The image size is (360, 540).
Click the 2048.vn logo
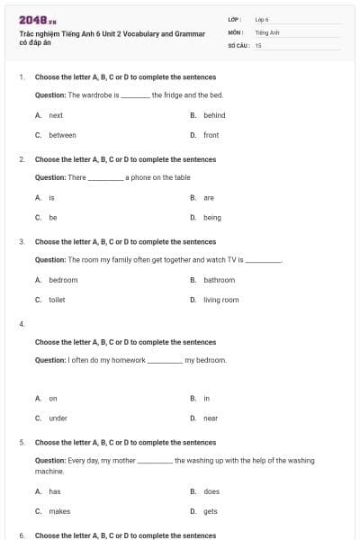(x=37, y=20)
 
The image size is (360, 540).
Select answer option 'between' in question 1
(x=62, y=135)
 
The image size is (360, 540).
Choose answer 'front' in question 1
(x=211, y=135)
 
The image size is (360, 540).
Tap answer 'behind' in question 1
(x=214, y=115)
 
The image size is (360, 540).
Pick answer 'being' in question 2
(x=211, y=217)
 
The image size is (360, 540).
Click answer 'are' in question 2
(x=209, y=197)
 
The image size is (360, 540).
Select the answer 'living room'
(x=220, y=300)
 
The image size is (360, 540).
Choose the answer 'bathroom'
(x=219, y=280)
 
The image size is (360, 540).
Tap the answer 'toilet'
(x=57, y=300)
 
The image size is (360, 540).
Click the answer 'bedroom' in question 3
(x=63, y=280)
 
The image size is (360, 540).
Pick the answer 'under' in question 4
(x=58, y=418)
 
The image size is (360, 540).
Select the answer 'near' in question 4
(x=211, y=418)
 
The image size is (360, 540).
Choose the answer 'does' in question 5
(x=211, y=491)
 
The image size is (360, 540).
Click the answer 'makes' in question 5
(x=59, y=511)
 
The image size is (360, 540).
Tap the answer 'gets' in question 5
(x=211, y=511)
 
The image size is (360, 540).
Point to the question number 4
(x=22, y=323)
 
